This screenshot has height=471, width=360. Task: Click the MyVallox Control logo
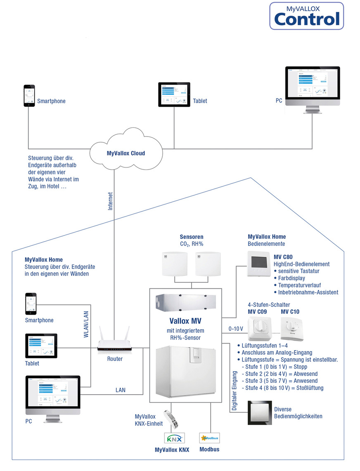[x=306, y=16]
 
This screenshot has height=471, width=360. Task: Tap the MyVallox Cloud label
[x=126, y=153]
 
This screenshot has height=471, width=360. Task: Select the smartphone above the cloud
[x=29, y=96]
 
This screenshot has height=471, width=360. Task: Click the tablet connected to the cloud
[x=174, y=95]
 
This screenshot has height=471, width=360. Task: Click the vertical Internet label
[x=111, y=201]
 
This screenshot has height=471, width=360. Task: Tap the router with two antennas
[x=115, y=342]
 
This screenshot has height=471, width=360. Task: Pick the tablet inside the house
[x=41, y=346]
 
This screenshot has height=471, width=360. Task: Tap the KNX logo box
[x=175, y=438]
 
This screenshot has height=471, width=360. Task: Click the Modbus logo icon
[x=209, y=438]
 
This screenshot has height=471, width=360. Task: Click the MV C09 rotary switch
[x=259, y=328]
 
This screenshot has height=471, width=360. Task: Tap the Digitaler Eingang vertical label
[x=234, y=390]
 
